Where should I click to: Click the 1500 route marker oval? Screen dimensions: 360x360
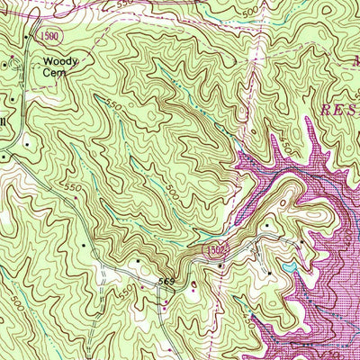53,33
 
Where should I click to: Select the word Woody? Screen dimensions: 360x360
60,61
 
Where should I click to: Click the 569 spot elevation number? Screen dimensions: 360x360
166,283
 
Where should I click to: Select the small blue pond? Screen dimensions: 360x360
287,268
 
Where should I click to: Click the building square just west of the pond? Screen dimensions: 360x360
268,271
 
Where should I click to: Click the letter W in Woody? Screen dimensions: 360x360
47,61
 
